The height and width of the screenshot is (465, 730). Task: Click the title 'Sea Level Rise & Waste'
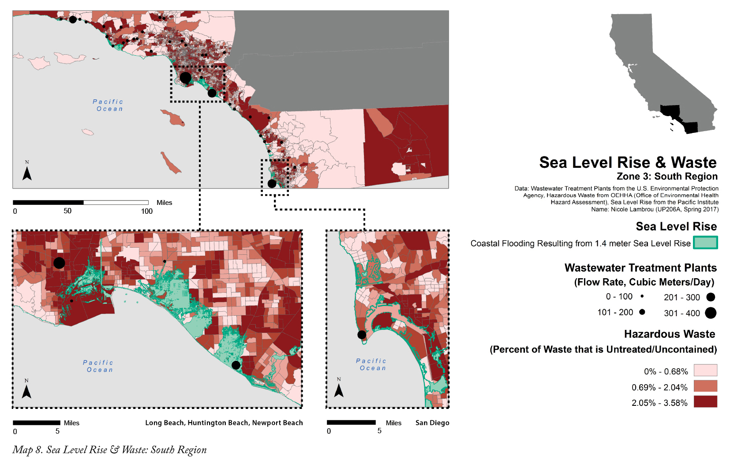(628, 163)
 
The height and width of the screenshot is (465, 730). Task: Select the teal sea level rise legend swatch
(705, 242)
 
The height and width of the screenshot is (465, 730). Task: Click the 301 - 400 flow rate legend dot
(710, 313)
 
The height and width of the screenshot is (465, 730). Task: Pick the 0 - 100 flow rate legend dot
(642, 296)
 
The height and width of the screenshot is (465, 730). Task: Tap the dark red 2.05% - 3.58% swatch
(705, 401)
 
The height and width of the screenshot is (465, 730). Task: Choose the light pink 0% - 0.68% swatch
(705, 370)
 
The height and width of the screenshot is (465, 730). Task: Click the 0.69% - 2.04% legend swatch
(705, 386)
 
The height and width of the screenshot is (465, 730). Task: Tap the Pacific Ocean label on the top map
(109, 105)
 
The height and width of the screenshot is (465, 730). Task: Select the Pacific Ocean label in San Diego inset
(372, 364)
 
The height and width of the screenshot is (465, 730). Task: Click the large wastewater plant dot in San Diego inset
(362, 335)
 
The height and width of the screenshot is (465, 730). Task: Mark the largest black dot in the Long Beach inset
(59, 263)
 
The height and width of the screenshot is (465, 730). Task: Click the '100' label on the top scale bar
(147, 212)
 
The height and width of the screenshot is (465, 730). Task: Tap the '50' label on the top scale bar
(67, 211)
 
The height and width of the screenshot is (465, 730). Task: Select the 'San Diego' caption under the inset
(432, 423)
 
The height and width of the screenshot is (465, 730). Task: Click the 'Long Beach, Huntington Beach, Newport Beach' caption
(224, 423)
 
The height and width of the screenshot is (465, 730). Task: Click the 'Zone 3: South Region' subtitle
(667, 177)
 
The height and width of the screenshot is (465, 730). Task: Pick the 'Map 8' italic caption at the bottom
(109, 450)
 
